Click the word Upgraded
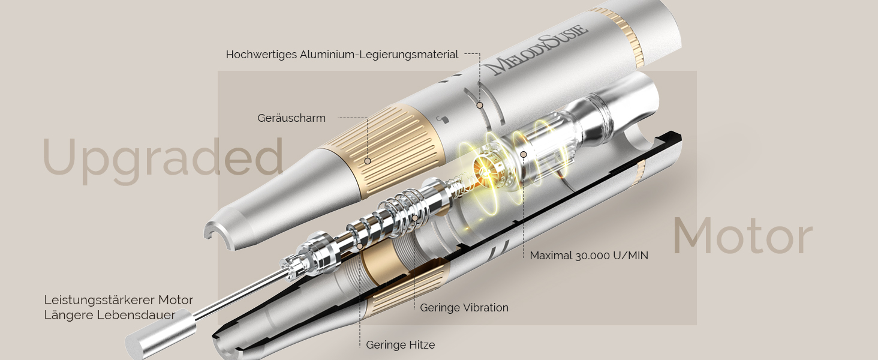(163, 160)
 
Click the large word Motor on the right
(742, 236)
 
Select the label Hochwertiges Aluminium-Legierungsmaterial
(342, 55)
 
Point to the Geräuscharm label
(291, 118)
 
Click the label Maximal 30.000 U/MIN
(589, 256)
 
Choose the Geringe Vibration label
(464, 307)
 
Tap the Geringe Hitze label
(400, 345)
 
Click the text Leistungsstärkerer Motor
(118, 300)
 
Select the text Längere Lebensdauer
(109, 315)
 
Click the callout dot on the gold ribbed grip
(367, 161)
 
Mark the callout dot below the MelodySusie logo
(479, 105)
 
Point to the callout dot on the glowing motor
(524, 155)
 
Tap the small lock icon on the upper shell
(443, 118)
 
